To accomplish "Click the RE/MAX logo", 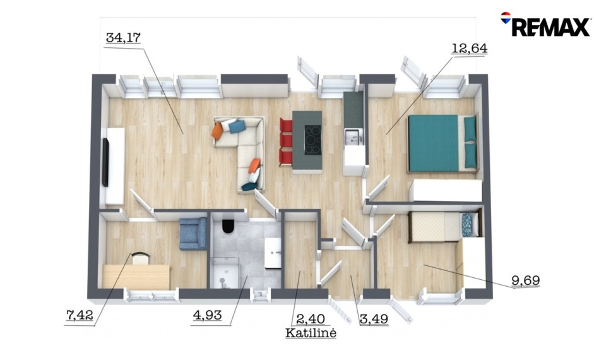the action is click(x=545, y=24).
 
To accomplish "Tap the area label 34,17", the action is click(x=123, y=37).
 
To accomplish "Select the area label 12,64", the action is click(x=470, y=49).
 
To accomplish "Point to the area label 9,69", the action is click(x=525, y=280).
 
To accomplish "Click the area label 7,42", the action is click(x=80, y=315).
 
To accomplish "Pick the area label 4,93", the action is click(x=207, y=315).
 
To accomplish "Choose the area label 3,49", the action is click(x=374, y=319).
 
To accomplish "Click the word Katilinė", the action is click(x=311, y=333).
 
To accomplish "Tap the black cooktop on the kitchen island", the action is click(x=312, y=140).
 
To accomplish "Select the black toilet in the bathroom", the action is click(x=228, y=226).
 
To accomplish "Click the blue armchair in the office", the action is click(x=193, y=234).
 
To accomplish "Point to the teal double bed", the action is click(x=443, y=143).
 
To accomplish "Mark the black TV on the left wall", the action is click(x=105, y=162).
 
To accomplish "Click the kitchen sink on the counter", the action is click(x=353, y=137).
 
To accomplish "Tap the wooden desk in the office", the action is click(x=136, y=277).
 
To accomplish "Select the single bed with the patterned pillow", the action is click(x=445, y=226).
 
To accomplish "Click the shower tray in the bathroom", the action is click(x=225, y=273).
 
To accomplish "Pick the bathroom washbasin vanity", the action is click(x=273, y=253).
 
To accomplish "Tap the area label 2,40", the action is click(x=311, y=319).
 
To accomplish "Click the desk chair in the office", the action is click(x=141, y=258).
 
